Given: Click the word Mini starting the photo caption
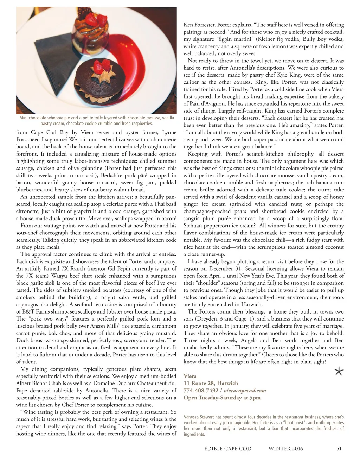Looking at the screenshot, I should click(24, 118).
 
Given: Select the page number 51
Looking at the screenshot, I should click(339, 449).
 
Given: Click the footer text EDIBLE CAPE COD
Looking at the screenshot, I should click(228, 449).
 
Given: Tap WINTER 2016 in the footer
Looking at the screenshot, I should click(285, 449).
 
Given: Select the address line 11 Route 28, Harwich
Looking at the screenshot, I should click(211, 383).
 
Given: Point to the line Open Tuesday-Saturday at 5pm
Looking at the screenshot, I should click(222, 398).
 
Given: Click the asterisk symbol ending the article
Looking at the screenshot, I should click(339, 371).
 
